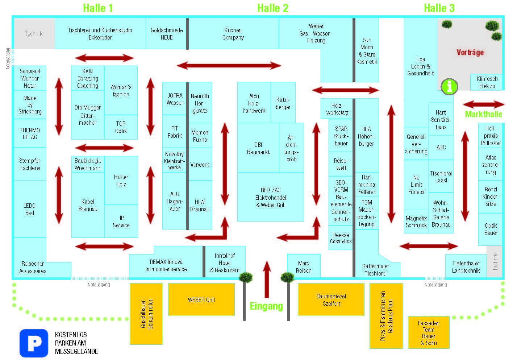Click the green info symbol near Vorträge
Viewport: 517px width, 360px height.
click(x=449, y=87)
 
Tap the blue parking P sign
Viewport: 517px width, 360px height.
click(x=34, y=343)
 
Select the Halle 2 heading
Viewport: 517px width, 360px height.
click(x=273, y=8)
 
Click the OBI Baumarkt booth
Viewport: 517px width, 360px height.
click(x=258, y=148)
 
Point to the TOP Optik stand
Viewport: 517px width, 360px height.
click(x=121, y=127)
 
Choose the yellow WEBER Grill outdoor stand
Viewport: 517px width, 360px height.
click(x=201, y=299)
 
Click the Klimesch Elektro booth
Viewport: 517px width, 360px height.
click(x=487, y=82)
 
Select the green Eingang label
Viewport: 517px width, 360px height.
click(x=266, y=306)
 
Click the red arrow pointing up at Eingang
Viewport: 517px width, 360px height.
click(x=267, y=280)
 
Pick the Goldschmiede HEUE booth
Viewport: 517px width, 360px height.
click(x=166, y=34)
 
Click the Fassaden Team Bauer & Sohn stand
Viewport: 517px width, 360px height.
click(x=429, y=332)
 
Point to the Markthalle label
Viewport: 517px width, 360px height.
click(x=484, y=114)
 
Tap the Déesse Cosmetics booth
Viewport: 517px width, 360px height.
click(x=341, y=238)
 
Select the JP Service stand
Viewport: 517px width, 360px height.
click(x=121, y=221)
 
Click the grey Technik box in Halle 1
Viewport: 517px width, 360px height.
click(x=34, y=34)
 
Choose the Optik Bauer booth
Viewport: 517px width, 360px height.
click(x=491, y=229)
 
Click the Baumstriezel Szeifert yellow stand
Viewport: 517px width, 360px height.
click(x=331, y=299)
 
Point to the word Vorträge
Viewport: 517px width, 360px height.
click(x=470, y=53)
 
